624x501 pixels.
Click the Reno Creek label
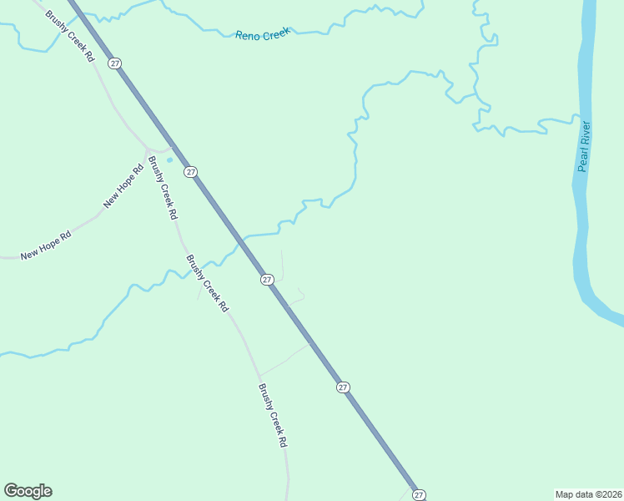[262, 34]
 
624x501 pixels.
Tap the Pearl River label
[584, 147]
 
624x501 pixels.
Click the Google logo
[28, 491]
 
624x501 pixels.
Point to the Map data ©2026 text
[588, 494]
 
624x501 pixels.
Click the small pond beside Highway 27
[169, 159]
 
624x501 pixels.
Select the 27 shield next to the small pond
[191, 171]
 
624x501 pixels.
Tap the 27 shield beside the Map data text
[419, 494]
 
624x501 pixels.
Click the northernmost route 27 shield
[115, 63]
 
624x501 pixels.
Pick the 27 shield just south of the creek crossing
[267, 279]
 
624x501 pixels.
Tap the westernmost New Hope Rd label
[46, 244]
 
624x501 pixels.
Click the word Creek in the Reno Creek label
[274, 33]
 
